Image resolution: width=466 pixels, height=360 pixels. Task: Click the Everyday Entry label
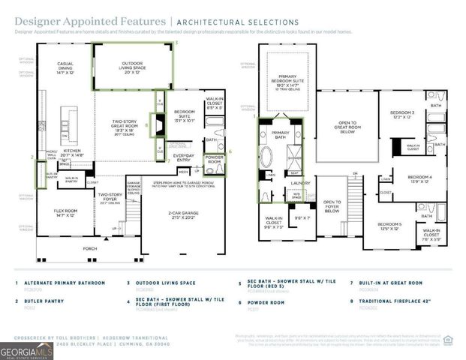coord(183,157)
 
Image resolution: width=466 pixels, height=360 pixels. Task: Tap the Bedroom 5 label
coord(389,227)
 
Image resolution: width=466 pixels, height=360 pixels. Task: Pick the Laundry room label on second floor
coord(301,182)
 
